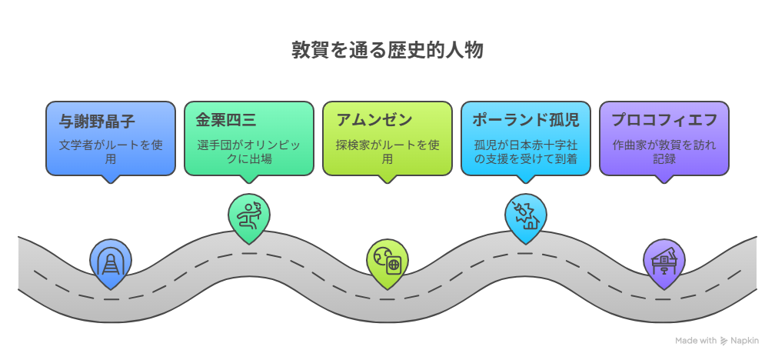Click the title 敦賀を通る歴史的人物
coord(387,51)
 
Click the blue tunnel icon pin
coord(111,262)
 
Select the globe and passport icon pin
coord(387,262)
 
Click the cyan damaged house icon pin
coord(525,215)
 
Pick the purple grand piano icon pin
coord(664,261)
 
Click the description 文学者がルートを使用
coord(111,152)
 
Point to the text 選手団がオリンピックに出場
coord(249,152)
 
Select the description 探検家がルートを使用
coord(387,152)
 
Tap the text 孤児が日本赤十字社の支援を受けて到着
coord(525,152)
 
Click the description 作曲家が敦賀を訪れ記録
coord(664,152)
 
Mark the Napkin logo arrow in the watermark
coord(723,340)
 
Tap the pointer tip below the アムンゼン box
coord(387,180)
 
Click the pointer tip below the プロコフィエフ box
coord(664,180)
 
